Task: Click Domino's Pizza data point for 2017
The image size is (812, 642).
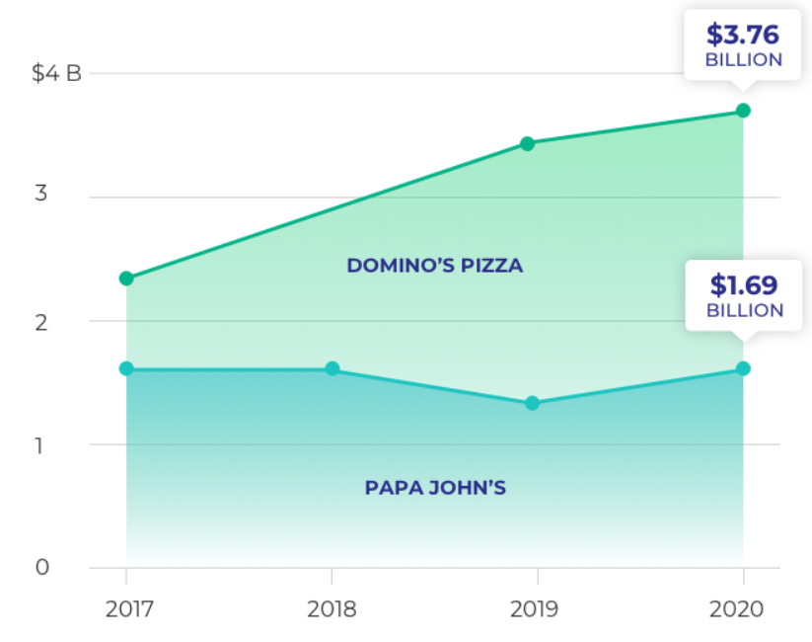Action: (126, 279)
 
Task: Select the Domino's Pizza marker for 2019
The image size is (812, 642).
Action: (528, 143)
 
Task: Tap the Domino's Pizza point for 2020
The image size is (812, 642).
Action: (743, 111)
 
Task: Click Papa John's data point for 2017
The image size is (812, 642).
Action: (126, 368)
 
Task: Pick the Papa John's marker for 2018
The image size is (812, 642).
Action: (332, 368)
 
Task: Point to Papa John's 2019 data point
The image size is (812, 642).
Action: (532, 403)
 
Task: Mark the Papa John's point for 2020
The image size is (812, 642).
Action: (743, 368)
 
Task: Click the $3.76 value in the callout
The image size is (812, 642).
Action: (743, 36)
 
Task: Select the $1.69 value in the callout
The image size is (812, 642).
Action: (744, 285)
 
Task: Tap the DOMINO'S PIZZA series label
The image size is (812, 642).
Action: (434, 266)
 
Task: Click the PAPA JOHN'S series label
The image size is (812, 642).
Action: (435, 488)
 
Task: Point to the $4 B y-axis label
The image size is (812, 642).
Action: (56, 74)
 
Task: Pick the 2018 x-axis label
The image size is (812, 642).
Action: (332, 608)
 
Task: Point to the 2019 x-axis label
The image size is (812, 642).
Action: (534, 608)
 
